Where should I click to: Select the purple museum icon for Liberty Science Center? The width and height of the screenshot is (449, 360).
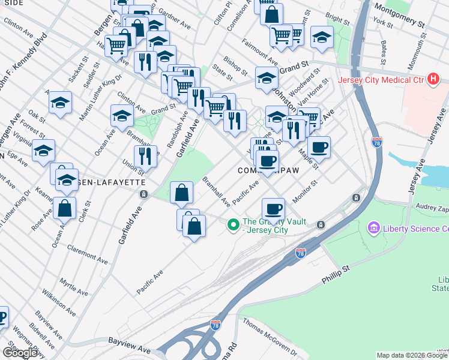coord(374,229)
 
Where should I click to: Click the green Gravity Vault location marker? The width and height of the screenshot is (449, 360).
coord(233,225)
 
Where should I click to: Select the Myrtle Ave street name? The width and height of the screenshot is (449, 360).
coord(74,287)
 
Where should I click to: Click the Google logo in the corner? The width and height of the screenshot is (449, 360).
coord(20,353)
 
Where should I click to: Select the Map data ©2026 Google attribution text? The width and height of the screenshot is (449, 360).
coord(412,355)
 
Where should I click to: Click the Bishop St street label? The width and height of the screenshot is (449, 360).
coord(235,67)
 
